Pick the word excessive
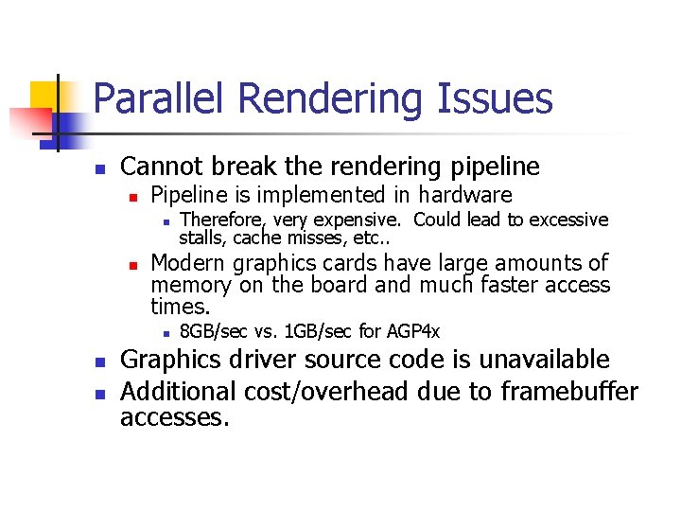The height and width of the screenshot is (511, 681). [568, 220]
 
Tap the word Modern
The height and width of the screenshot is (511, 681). [188, 263]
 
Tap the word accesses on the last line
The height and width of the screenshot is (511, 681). [174, 417]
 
